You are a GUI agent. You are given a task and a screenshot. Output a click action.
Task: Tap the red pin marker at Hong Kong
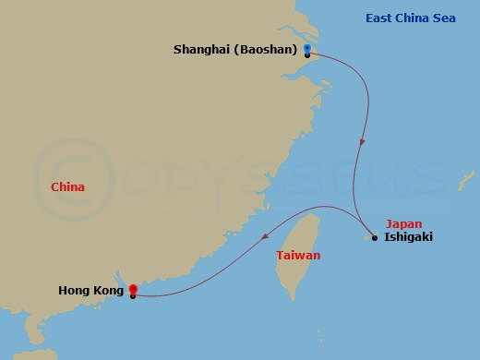133,289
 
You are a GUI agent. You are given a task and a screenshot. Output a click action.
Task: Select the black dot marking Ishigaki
375,237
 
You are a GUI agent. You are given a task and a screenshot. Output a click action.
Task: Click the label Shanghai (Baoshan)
234,49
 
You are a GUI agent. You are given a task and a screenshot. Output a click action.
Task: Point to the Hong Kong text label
90,291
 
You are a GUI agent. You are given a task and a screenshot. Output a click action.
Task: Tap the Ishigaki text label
407,237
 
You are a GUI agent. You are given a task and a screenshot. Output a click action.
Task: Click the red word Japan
403,223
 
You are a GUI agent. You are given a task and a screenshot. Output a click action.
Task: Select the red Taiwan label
298,255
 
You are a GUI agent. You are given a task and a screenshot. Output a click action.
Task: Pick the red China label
67,187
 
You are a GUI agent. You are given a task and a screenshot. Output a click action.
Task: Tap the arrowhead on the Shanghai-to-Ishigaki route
362,144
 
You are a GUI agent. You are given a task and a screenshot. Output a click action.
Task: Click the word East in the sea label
381,18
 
